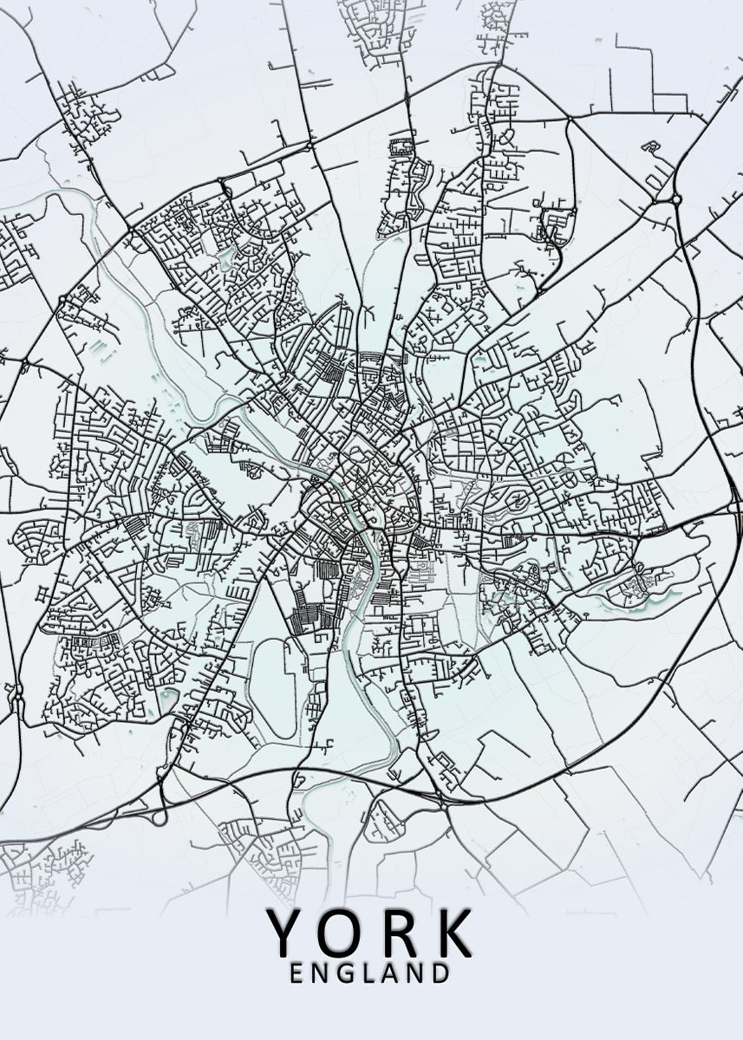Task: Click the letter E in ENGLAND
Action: (x=297, y=973)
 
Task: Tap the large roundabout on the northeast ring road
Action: (x=675, y=199)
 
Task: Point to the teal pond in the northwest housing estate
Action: (x=227, y=257)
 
